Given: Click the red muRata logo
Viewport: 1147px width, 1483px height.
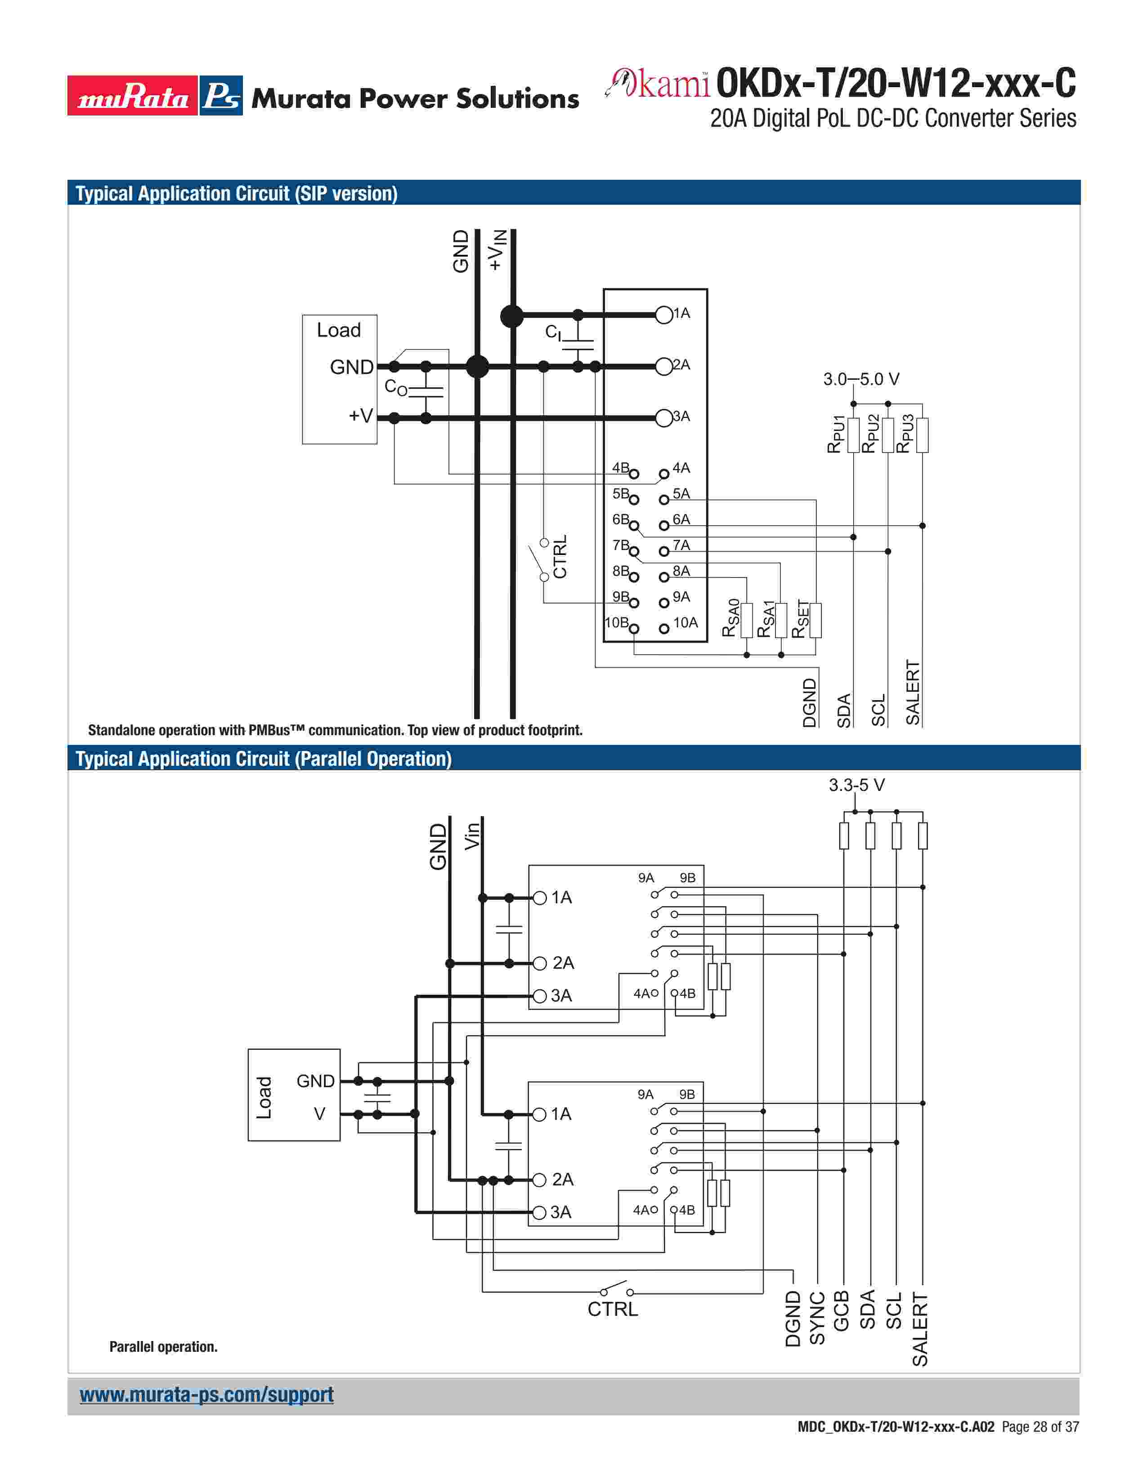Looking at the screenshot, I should pos(133,96).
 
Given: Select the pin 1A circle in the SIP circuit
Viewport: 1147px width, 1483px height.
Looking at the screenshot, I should pos(663,315).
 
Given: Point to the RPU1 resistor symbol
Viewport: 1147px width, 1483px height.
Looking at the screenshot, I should pos(853,435).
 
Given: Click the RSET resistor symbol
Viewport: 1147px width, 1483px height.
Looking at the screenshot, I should pos(815,620).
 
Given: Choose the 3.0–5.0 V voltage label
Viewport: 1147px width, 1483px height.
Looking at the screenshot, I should pos(861,379).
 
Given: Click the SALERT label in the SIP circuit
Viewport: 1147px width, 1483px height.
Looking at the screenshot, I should pos(913,692).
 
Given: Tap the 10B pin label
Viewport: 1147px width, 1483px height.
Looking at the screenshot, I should pos(616,622).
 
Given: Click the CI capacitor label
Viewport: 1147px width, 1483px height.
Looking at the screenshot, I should pos(553,332).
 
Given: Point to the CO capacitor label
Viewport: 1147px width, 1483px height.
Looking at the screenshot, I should pos(395,387).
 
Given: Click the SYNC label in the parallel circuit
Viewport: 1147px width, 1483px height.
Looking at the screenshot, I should pos(817,1318).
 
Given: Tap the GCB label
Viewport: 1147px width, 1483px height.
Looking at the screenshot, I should pos(841,1311).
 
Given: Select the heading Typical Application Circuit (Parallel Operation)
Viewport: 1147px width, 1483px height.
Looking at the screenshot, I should pos(264,759).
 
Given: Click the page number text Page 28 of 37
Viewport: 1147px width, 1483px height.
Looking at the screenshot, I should pos(1039,1427).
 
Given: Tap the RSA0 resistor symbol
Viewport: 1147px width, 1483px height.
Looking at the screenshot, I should pos(747,620).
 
